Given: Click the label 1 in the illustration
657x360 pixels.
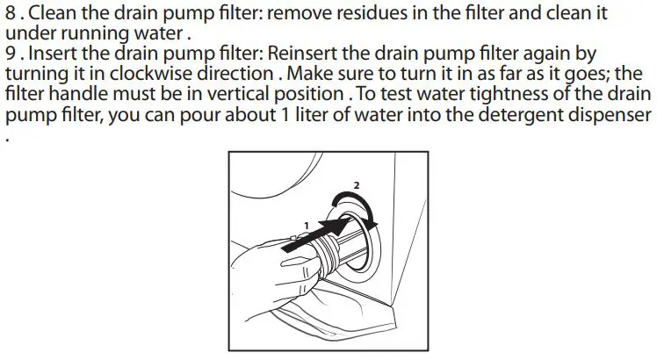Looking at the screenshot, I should click(x=305, y=225).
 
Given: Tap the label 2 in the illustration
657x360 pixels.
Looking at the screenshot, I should click(x=355, y=186).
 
